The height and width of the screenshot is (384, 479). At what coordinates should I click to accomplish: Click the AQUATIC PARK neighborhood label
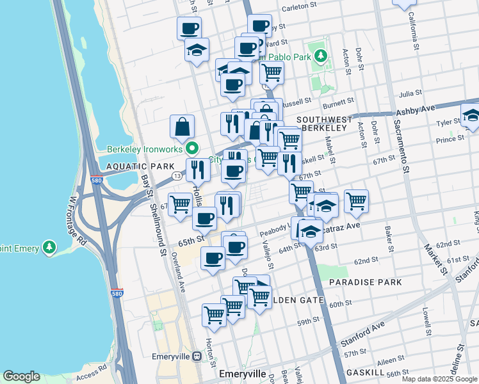(x=131, y=166)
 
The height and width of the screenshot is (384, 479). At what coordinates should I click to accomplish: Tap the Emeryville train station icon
(x=195, y=356)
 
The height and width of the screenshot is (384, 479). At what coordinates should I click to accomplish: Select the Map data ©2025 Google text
(x=440, y=379)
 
